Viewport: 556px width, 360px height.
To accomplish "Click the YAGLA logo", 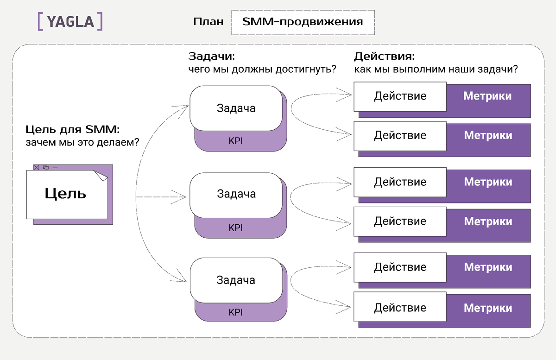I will [x=69, y=22].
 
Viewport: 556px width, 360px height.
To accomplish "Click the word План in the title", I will [x=208, y=22].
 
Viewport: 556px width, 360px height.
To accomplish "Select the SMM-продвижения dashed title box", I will [x=303, y=22].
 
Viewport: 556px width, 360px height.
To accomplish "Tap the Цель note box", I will [x=66, y=194].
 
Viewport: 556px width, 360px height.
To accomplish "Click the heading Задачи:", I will [x=211, y=57].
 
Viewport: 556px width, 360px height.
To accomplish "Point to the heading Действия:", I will [x=384, y=57].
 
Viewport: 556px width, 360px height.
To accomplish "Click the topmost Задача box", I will [x=236, y=108].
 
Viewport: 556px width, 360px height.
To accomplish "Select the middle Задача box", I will [x=236, y=194].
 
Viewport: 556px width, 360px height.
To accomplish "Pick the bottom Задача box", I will [x=236, y=280].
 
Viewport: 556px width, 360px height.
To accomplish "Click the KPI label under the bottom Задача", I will [x=236, y=312].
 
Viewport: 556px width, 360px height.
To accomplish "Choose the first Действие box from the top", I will [x=400, y=96].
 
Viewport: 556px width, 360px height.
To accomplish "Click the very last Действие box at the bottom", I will [x=400, y=308].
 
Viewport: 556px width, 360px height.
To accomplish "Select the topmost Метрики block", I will [x=488, y=96].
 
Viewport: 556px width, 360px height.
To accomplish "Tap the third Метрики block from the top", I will [x=488, y=182].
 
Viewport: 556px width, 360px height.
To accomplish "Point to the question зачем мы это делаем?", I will [x=83, y=142].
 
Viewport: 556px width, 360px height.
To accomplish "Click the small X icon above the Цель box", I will [x=37, y=167].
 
